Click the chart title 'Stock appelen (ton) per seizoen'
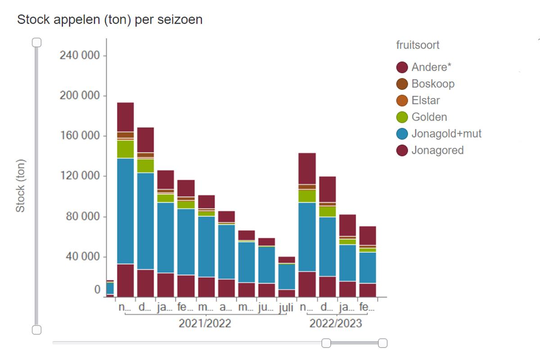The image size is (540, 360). pos(109,20)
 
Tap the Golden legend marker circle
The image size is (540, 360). pos(402,117)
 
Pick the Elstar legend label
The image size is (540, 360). pos(425,100)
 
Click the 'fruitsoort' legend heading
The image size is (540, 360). pos(418,45)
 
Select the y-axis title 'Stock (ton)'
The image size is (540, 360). pos(20,185)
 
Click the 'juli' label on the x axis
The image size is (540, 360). pos(286,309)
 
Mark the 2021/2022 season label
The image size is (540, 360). pos(205,323)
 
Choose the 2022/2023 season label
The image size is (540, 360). pos(336,323)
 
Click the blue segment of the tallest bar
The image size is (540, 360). pos(125,211)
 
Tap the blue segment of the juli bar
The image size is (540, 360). pos(287,277)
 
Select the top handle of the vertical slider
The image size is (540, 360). pos(37,42)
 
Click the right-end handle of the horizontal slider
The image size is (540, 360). pos(382,343)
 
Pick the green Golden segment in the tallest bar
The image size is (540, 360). pos(125,149)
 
